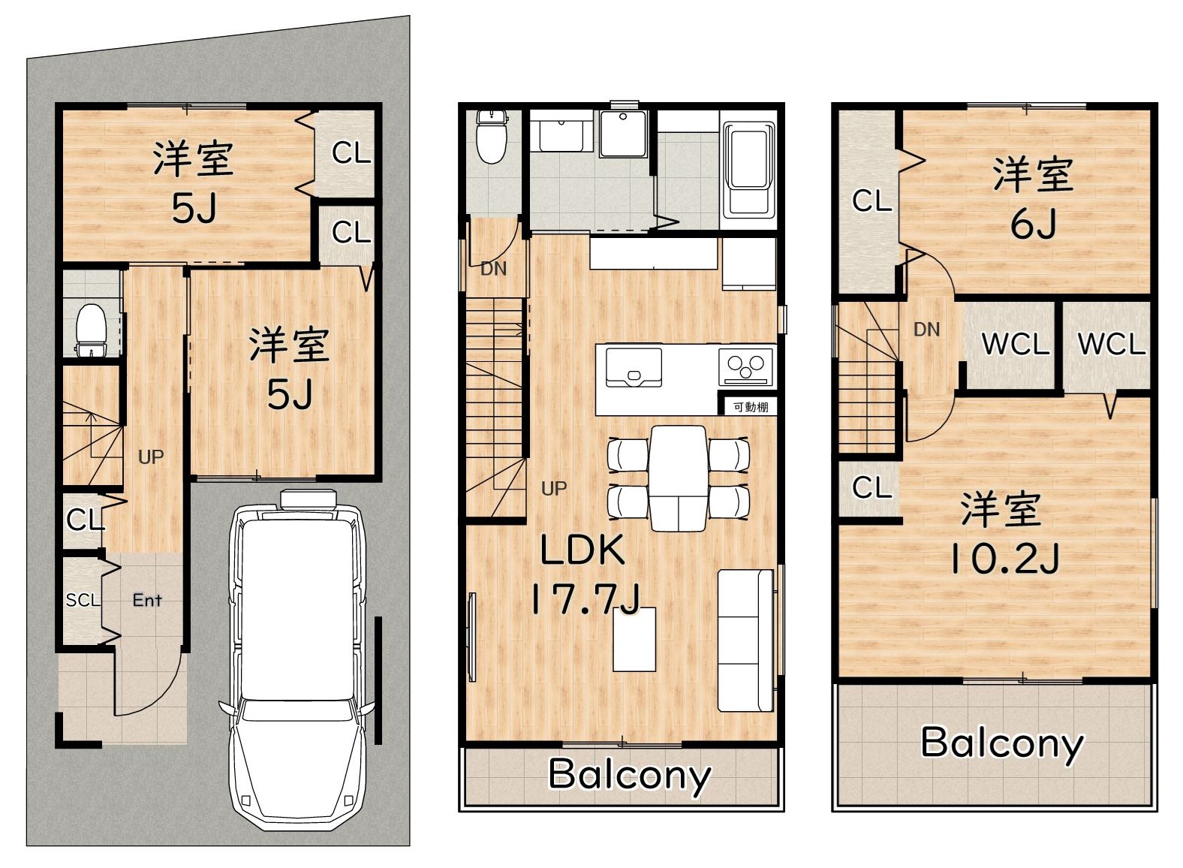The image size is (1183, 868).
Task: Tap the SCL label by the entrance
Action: pyautogui.click(x=83, y=600)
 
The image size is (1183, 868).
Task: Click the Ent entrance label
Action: pyautogui.click(x=147, y=600)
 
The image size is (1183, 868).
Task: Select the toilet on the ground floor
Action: pyautogui.click(x=92, y=330)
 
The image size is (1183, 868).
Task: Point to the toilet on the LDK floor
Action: pyautogui.click(x=492, y=137)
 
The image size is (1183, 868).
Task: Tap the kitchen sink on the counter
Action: pyautogui.click(x=634, y=367)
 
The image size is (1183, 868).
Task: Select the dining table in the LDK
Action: pyautogui.click(x=679, y=478)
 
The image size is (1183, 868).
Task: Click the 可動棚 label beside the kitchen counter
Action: pyautogui.click(x=751, y=407)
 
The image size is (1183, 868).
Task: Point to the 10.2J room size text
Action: pyautogui.click(x=1004, y=559)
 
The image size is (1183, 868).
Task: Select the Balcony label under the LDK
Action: pyautogui.click(x=630, y=776)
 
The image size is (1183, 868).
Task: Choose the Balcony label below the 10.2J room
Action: pyautogui.click(x=1002, y=744)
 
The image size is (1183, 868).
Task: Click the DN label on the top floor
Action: pyautogui.click(x=927, y=330)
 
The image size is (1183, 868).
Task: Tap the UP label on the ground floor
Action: pyautogui.click(x=151, y=457)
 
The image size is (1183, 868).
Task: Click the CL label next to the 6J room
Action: pyautogui.click(x=871, y=200)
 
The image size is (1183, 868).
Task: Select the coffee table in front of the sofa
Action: pyautogui.click(x=634, y=639)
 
